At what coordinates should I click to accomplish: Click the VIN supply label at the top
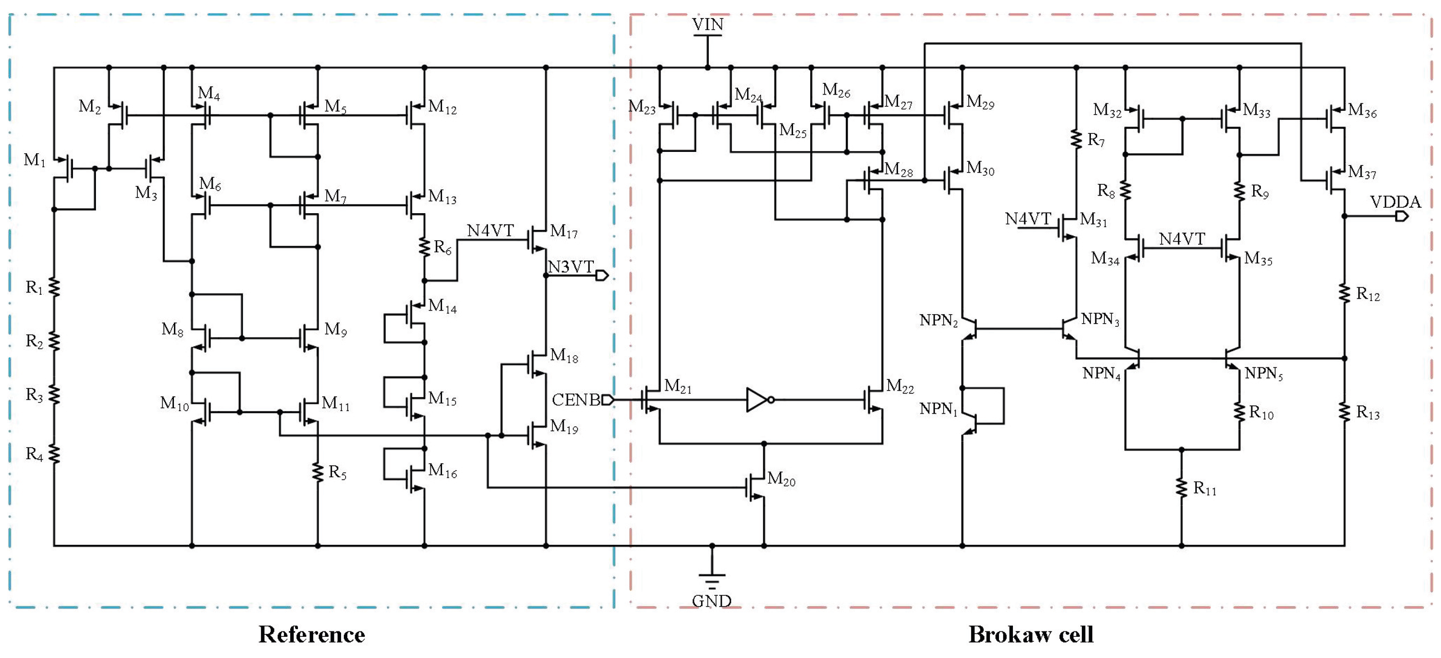pos(707,25)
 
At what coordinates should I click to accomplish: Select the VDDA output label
pos(1395,202)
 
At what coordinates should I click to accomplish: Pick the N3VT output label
pos(570,267)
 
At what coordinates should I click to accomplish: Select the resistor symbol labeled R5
pos(318,472)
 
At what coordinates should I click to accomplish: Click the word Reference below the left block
pos(311,635)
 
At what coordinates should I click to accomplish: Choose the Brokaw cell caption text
pos(1031,635)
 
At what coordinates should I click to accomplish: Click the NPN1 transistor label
pos(938,409)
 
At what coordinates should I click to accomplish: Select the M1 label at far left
pos(35,160)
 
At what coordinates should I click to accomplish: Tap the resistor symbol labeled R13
pos(1344,412)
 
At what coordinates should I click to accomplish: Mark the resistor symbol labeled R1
pos(54,288)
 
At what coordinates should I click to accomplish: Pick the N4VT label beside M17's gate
pos(490,230)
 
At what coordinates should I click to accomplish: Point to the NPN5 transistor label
pos(1263,374)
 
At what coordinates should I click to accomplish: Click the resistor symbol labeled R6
pos(424,247)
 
